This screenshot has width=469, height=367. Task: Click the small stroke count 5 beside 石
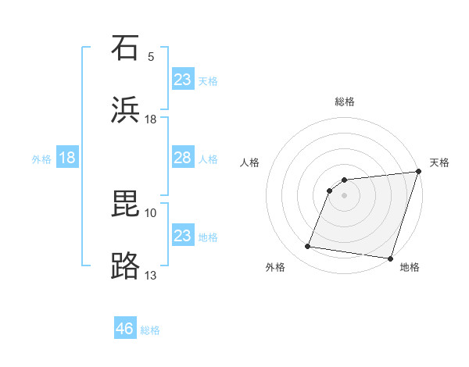click(x=151, y=57)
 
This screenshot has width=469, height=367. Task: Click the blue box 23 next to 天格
click(x=183, y=79)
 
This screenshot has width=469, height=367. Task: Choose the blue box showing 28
click(x=183, y=158)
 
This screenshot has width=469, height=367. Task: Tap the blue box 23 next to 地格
click(x=183, y=236)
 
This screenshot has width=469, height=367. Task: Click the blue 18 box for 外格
click(x=67, y=158)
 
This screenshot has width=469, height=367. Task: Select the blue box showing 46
click(x=125, y=329)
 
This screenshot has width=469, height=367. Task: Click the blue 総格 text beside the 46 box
click(x=150, y=330)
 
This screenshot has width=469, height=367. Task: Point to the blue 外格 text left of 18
click(x=41, y=159)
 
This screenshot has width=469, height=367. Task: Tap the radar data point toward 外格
click(x=308, y=247)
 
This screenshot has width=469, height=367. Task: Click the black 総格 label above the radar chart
click(x=345, y=102)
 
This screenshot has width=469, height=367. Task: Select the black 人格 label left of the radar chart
click(x=249, y=162)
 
